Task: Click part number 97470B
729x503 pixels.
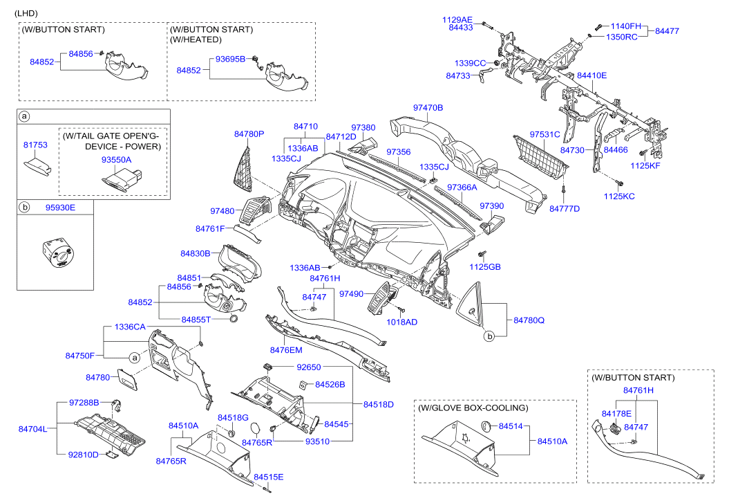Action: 428,108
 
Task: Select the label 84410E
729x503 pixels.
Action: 591,75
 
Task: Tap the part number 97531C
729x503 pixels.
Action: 545,134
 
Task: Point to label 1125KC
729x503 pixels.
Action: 619,196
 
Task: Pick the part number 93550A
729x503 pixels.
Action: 116,160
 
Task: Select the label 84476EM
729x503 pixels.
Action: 286,350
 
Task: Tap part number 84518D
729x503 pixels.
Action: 379,404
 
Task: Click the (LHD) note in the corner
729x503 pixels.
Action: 26,14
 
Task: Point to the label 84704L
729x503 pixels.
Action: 32,429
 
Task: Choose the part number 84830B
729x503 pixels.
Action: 196,254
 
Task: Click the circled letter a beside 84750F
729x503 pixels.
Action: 134,358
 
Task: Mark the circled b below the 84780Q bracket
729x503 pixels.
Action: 489,336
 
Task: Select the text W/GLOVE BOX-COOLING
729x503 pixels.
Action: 473,408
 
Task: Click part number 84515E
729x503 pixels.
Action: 268,477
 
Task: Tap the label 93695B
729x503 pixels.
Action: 230,59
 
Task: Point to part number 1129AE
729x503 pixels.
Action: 457,19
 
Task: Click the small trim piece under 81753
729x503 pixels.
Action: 37,167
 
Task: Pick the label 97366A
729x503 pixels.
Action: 462,187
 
